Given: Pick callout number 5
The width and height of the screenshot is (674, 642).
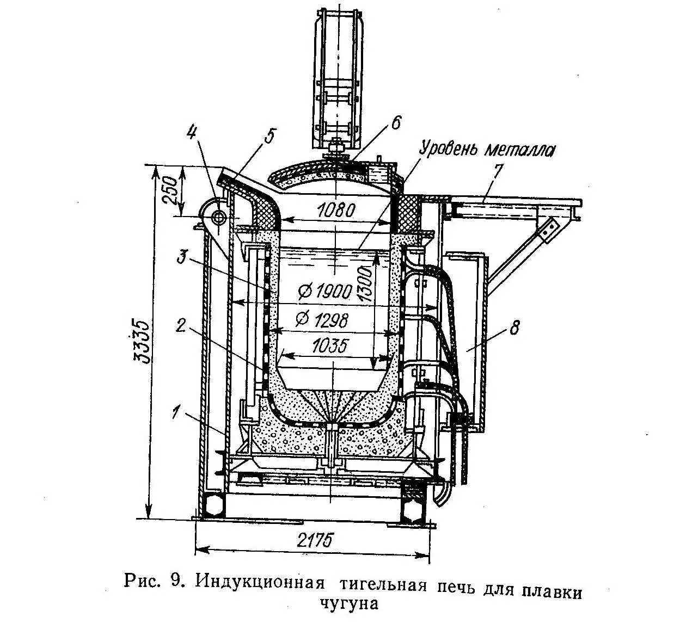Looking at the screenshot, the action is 270,135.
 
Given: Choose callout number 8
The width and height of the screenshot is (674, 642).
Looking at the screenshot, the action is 514,328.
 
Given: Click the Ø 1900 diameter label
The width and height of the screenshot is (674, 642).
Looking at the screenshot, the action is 325,292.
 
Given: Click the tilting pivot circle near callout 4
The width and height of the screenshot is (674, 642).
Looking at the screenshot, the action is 218,217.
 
